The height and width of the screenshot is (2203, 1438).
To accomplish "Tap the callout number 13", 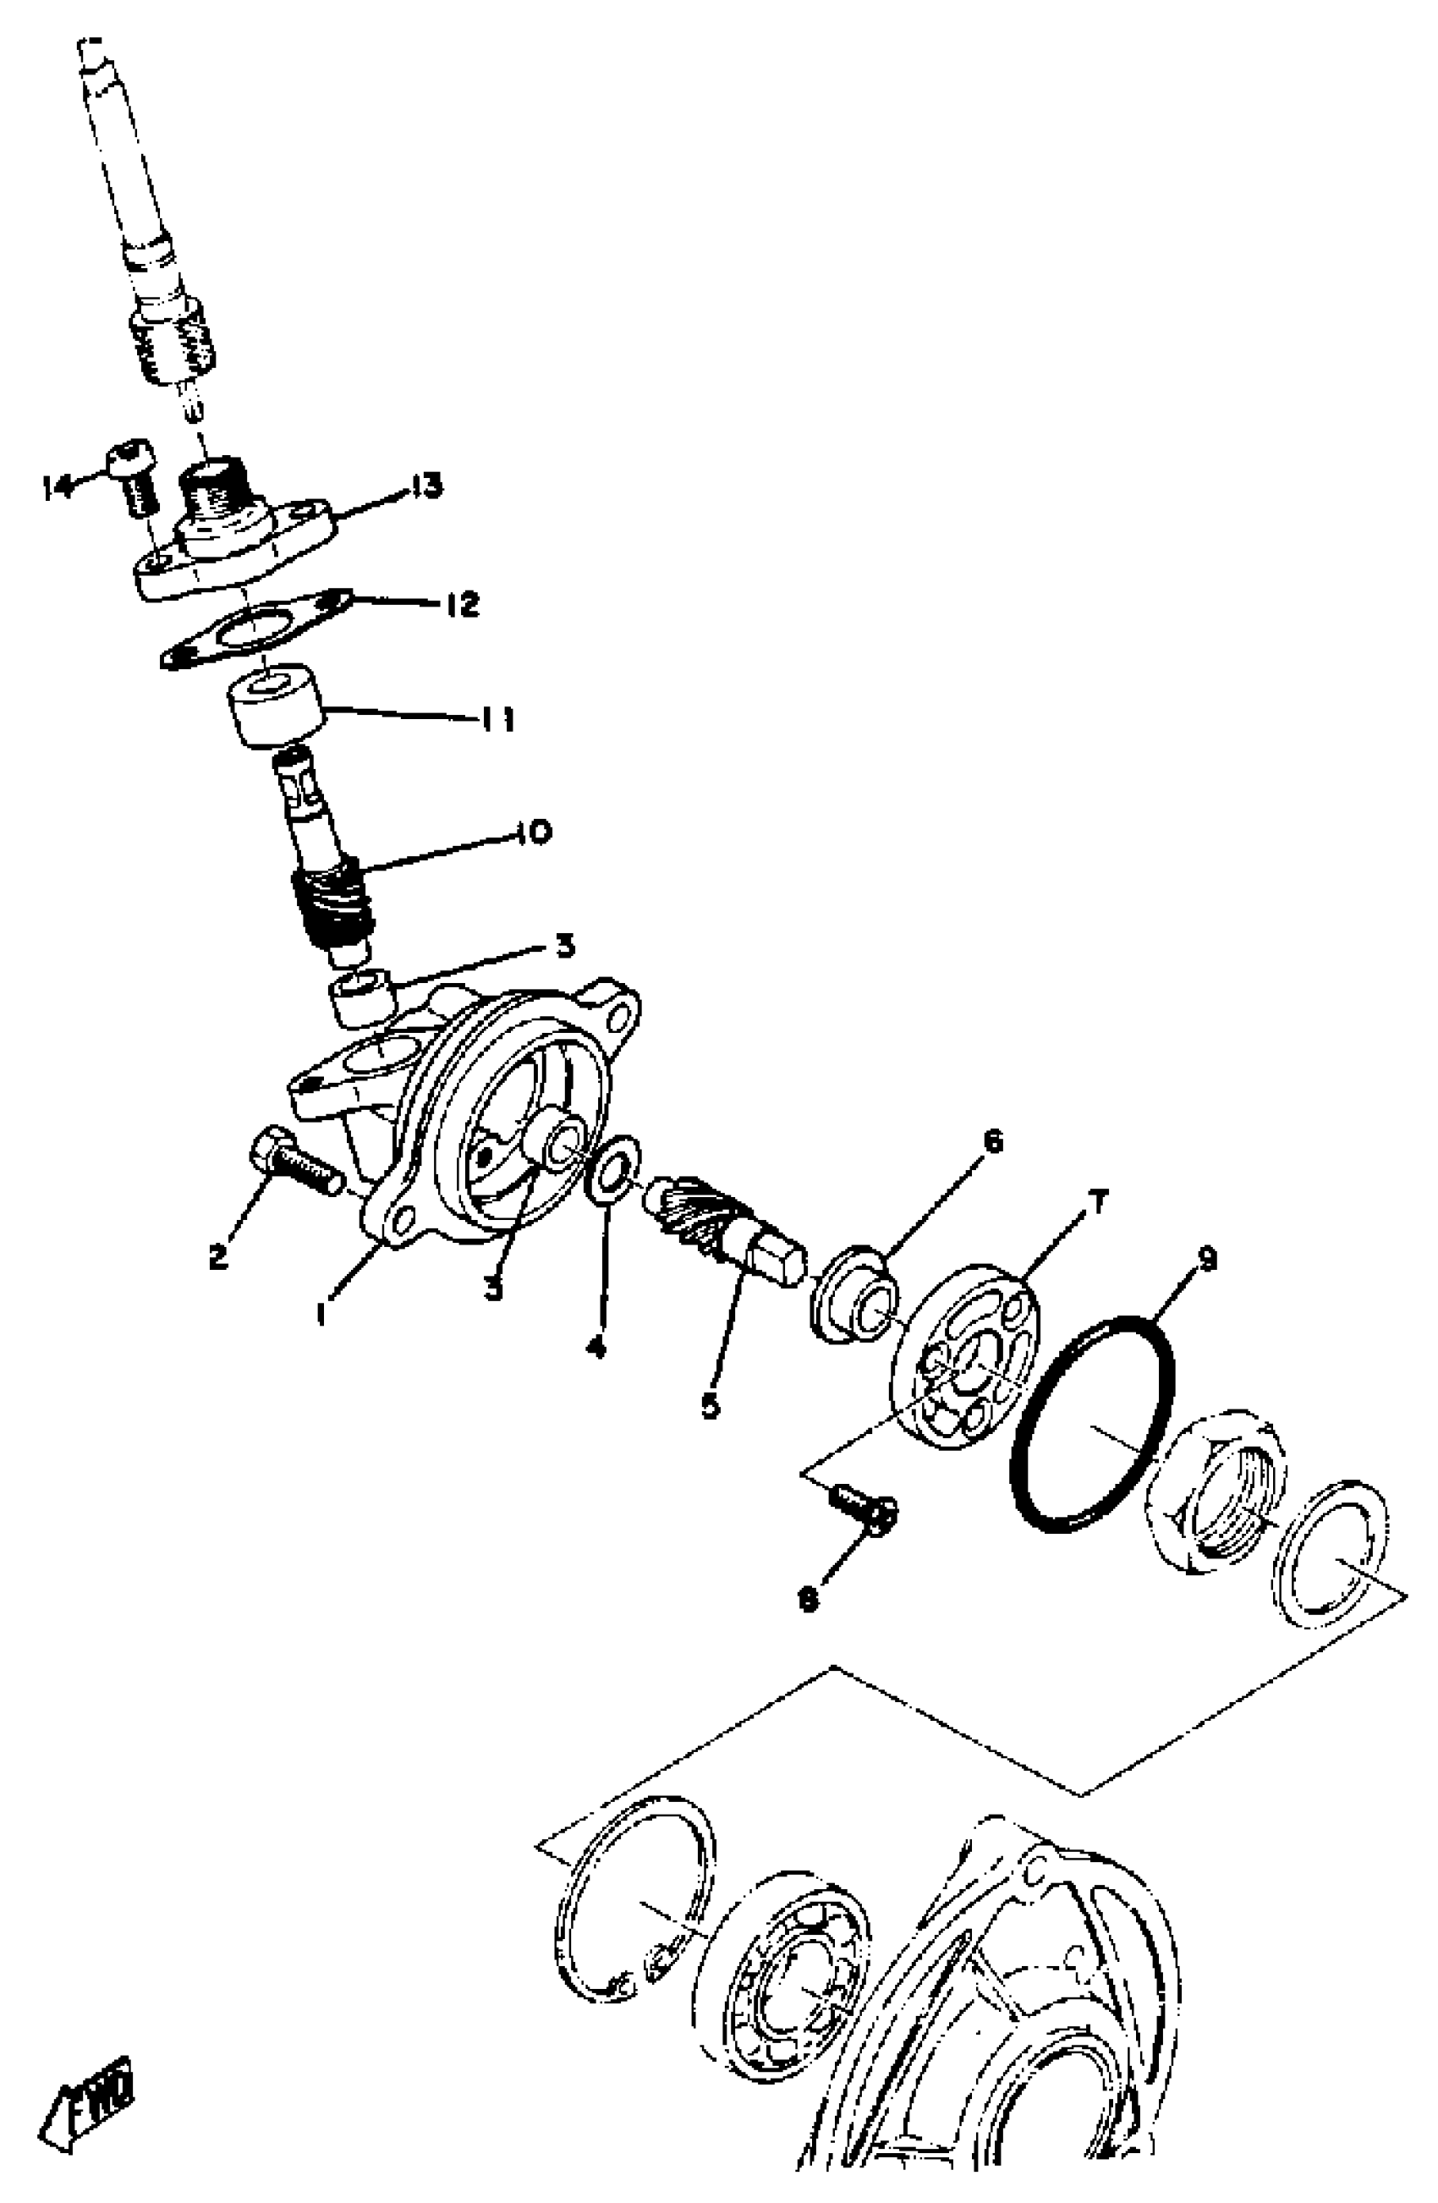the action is [x=424, y=484].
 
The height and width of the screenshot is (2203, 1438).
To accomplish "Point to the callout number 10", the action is [x=533, y=832].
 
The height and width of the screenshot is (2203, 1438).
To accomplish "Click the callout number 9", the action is [x=1205, y=1260].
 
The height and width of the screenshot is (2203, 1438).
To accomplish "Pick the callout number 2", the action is [x=218, y=1256].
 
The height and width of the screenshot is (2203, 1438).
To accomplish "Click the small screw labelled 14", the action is [x=134, y=476].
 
